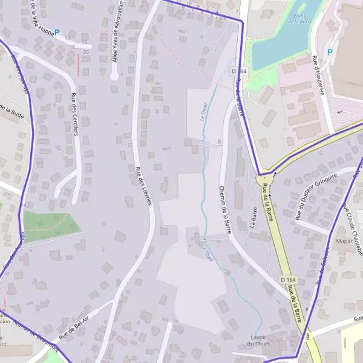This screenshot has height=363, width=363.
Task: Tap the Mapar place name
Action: tap(344, 241)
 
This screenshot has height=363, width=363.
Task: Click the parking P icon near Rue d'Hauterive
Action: tap(330, 53)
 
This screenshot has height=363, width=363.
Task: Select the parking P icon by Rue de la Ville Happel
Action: tap(57, 33)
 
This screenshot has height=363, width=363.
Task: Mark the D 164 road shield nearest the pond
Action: tap(239, 71)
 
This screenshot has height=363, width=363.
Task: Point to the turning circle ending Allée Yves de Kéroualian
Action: tap(114, 76)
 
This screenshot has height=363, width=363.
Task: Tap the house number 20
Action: tap(85, 52)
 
